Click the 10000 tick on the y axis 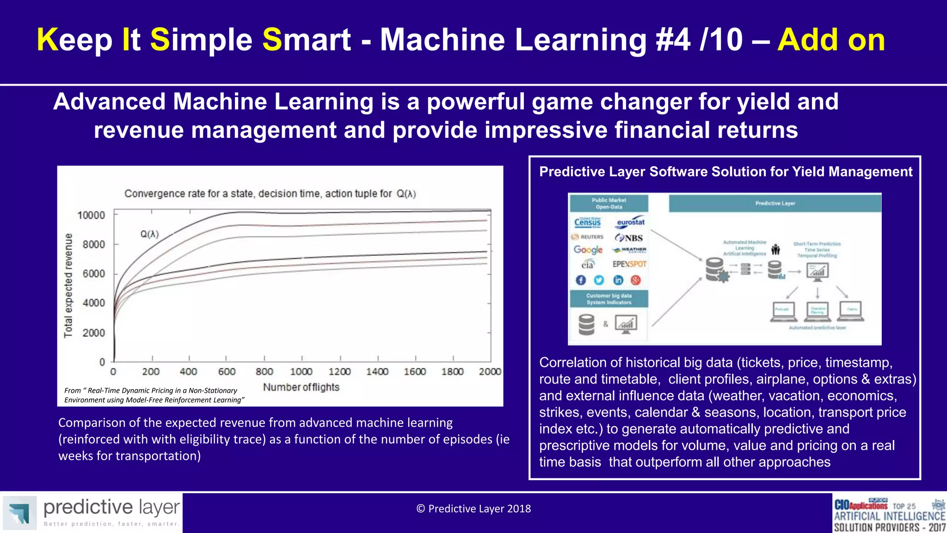click(91, 215)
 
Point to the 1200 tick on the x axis click(339, 372)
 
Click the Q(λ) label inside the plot click(149, 234)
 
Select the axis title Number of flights click(301, 387)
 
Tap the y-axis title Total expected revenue click(68, 285)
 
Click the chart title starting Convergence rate click(270, 193)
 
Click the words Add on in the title click(831, 40)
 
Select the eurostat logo click(631, 222)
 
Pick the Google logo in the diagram click(588, 250)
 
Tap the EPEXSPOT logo click(629, 264)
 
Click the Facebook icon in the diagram click(581, 280)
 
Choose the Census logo click(587, 222)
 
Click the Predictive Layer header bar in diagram click(775, 203)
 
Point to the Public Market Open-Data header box click(609, 204)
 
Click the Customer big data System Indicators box click(609, 299)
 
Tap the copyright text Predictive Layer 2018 click(473, 509)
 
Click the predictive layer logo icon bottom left click(19, 513)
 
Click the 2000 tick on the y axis click(93, 333)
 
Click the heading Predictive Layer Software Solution click(726, 172)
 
